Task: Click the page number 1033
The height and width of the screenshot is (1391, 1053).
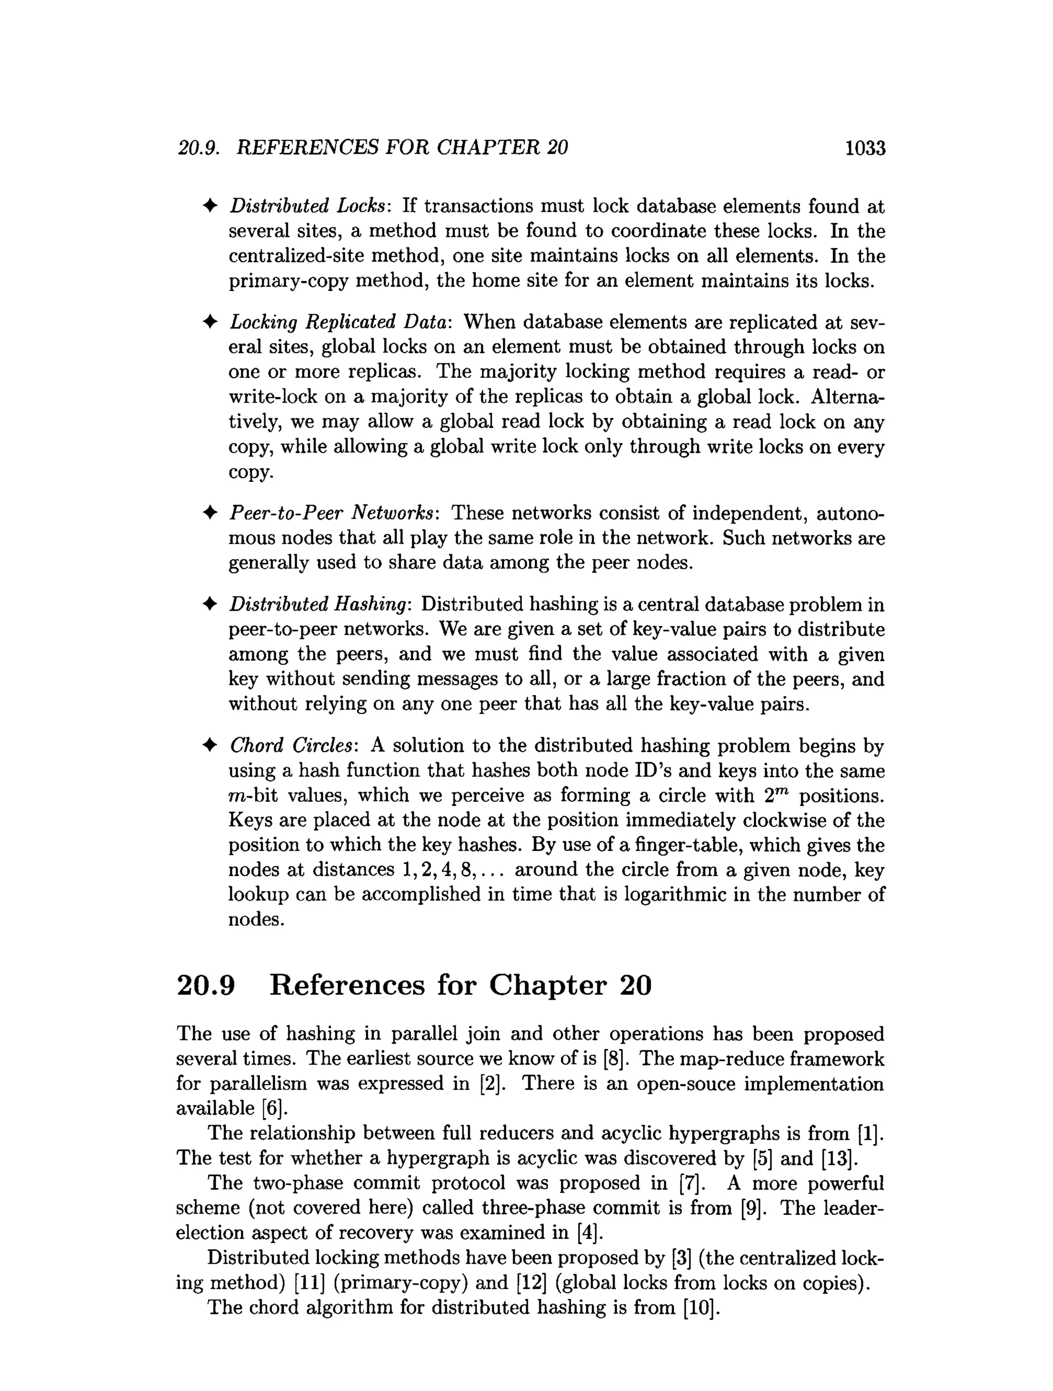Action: pyautogui.click(x=865, y=149)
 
